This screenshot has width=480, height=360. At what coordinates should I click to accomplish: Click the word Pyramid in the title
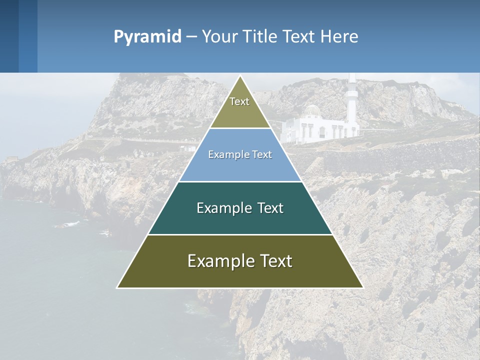coord(147,37)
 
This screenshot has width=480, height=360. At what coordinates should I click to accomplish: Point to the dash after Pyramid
coord(191,37)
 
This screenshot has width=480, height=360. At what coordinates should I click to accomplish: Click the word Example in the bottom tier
coord(218,261)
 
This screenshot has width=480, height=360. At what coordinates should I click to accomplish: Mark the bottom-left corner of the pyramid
coord(117,287)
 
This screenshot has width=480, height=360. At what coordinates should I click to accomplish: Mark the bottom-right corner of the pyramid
coord(362,287)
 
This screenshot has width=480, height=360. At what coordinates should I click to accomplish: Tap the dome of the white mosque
coord(312,110)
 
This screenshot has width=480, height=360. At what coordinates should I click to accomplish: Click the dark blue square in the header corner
coord(9,36)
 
